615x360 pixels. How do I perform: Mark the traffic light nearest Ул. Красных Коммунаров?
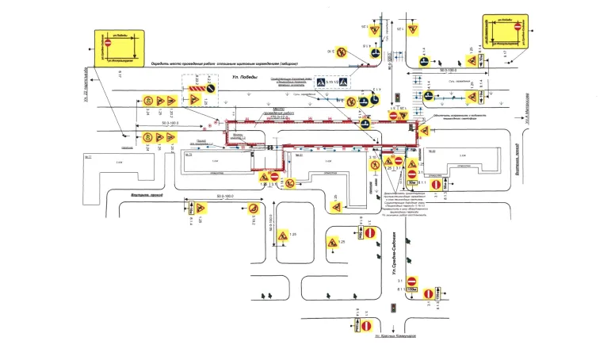(392, 308)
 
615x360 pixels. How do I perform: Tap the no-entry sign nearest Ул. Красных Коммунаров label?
(366, 325)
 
